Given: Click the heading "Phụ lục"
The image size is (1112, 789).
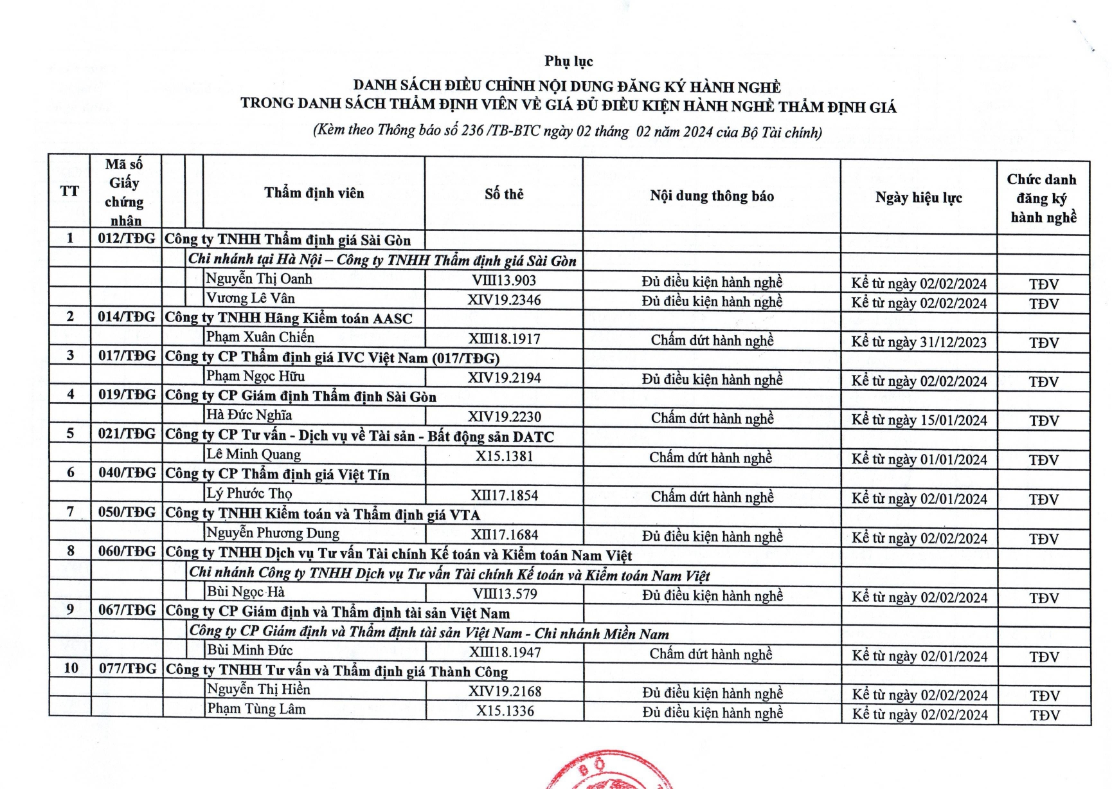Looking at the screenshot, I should point(568,61).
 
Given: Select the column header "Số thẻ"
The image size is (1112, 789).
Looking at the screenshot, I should point(504,194).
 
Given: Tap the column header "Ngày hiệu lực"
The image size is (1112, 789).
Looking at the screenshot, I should point(919,197).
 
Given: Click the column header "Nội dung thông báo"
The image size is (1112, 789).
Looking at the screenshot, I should point(712,196).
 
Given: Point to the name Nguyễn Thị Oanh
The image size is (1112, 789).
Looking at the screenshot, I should point(258,279).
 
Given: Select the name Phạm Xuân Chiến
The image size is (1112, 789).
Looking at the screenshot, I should point(260,337).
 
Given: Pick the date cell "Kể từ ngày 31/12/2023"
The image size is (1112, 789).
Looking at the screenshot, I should point(919,342).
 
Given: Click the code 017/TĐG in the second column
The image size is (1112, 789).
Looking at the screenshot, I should point(127,356).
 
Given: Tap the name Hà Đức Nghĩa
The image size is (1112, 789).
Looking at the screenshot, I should point(249,415).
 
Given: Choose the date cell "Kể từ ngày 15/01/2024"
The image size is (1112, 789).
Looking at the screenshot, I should point(919,421).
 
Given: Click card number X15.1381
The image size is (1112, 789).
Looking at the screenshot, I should point(504,457).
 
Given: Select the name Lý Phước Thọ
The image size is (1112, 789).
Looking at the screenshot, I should point(249,494).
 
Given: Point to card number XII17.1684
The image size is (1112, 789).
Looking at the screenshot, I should point(505,535).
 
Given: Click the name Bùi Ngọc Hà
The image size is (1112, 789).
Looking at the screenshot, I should point(246,592).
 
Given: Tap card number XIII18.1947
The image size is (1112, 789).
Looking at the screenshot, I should point(505,653).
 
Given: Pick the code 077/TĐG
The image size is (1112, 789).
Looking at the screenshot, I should point(127,669).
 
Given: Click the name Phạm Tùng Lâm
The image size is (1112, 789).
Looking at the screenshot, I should point(256,709).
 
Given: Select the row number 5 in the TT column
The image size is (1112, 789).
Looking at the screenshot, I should point(70,433).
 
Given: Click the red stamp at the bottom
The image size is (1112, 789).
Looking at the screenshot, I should point(607,771).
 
